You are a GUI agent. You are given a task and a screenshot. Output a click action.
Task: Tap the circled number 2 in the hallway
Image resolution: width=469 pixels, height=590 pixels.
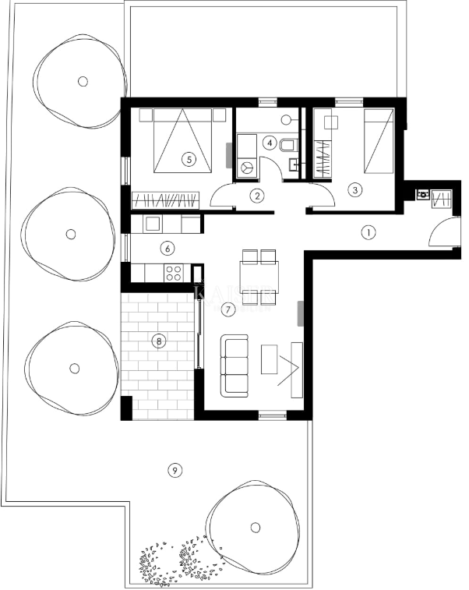pos(257,196)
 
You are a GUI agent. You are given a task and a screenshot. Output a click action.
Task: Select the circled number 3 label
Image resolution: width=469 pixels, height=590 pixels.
pos(355,189)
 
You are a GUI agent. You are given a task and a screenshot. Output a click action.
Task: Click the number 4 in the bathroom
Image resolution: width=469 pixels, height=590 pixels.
pos(270,143)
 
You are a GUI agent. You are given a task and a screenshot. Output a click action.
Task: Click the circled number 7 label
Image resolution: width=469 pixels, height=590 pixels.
pos(227,309)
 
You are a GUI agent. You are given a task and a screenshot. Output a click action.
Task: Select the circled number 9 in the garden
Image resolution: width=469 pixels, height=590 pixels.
pos(175,470)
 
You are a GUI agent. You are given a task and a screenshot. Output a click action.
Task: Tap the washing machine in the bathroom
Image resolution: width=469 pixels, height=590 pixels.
pos(248,167)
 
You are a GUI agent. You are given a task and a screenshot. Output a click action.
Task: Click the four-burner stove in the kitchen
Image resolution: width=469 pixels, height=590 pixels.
pos(173,273)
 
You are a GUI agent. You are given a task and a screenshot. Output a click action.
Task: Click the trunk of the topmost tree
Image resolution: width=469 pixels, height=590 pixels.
pos(83,80)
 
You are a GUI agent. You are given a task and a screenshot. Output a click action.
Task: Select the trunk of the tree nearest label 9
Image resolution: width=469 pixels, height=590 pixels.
pos(255,527)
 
